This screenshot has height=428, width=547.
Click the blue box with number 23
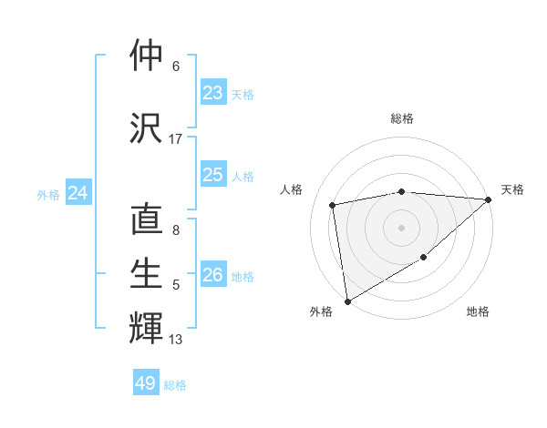tap(213, 93)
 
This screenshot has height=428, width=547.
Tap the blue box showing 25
tap(213, 175)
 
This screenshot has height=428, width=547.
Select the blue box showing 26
tap(213, 275)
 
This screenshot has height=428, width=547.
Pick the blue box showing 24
tap(78, 193)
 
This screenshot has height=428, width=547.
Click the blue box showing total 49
tap(146, 383)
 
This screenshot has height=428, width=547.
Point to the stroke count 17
tap(176, 139)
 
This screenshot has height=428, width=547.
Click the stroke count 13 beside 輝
tap(176, 340)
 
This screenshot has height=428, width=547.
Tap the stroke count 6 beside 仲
tap(176, 66)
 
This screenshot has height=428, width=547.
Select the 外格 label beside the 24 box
tap(48, 194)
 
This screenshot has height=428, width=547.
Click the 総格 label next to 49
tap(176, 385)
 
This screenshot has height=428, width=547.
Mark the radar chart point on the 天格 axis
tap(488, 200)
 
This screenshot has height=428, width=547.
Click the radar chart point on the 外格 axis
tap(347, 301)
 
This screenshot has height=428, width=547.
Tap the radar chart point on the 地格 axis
tap(424, 259)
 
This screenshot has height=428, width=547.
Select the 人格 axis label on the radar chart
tap(292, 189)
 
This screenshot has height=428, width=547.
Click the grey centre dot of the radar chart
tap(401, 227)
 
